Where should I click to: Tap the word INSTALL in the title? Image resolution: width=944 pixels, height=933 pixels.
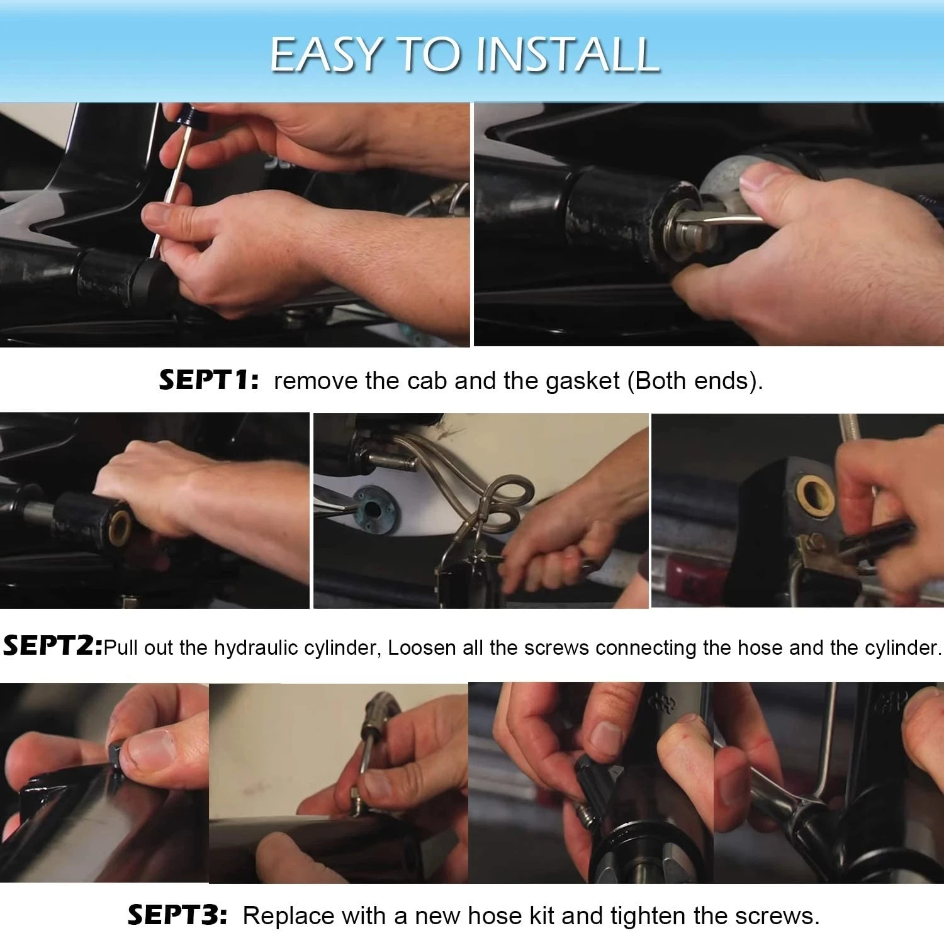[x=568, y=54]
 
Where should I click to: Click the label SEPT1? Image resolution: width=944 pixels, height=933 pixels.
[x=209, y=380]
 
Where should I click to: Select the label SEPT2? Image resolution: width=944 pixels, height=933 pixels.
[x=53, y=647]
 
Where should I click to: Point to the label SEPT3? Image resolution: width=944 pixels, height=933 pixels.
[x=177, y=915]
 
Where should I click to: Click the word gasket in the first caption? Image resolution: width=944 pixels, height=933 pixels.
[x=583, y=382]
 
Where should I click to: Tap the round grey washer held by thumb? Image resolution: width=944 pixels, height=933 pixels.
[x=734, y=182]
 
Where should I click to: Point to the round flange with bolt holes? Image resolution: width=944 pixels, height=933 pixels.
[x=374, y=502]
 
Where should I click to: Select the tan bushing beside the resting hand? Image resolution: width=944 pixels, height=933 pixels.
[x=120, y=528]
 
